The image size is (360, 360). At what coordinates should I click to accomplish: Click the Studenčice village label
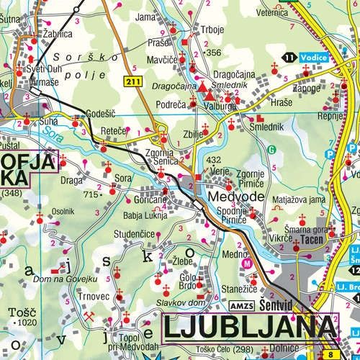pyautogui.click(x=140, y=235)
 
